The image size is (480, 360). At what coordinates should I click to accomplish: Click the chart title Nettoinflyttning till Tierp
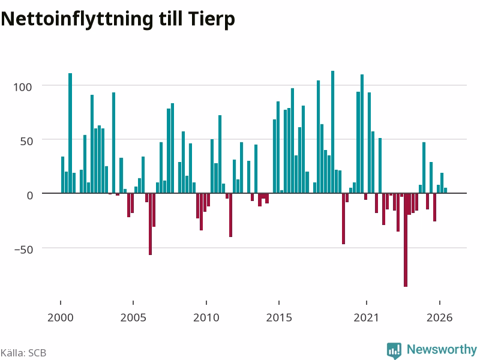118,19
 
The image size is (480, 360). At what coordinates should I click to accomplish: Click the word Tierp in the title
212,19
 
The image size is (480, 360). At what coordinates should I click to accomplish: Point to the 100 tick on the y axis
22,87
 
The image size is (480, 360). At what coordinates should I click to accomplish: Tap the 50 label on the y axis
26,141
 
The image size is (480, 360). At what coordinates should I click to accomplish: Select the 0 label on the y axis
29,196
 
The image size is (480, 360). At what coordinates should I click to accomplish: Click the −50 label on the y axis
23,250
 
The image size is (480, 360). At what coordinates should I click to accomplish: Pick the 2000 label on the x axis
61,317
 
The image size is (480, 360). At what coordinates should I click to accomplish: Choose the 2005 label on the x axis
133,317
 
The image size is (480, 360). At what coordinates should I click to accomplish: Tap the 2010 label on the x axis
206,317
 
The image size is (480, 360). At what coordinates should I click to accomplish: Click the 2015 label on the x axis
279,317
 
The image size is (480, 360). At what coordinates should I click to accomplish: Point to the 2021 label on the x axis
367,317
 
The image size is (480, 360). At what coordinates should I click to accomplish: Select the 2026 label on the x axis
440,317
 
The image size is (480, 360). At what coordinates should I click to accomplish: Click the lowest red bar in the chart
406,240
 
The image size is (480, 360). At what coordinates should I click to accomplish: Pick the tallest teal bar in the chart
333,132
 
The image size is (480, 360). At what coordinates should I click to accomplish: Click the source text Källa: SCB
23,353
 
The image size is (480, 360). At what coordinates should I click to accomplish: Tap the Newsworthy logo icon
394,350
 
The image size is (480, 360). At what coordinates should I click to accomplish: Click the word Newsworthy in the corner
442,349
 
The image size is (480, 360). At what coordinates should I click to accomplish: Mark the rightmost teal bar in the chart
445,190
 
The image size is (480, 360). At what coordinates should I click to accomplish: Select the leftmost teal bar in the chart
63,175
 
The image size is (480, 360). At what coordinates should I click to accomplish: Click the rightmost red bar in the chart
434,207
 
